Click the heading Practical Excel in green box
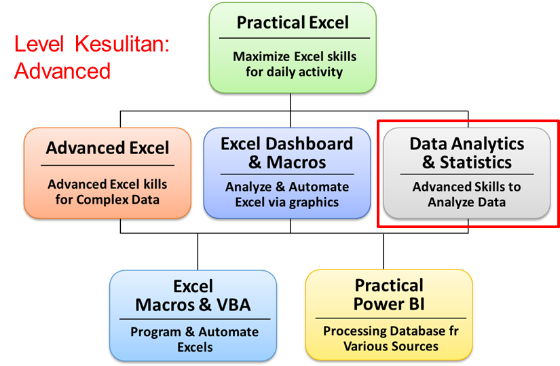coord(293,23)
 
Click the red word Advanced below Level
coord(62,71)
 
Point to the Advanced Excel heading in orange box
coord(107,149)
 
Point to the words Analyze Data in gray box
coord(466,202)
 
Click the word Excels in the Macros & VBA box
coord(195,347)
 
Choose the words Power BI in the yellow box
coord(389,304)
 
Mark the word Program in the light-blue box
coord(153,332)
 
